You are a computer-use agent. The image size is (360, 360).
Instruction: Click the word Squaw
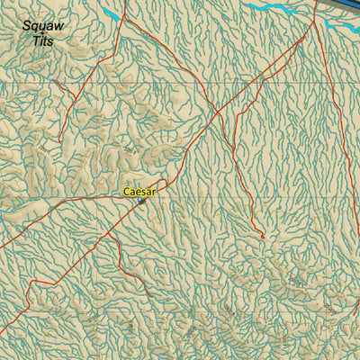click(x=43, y=27)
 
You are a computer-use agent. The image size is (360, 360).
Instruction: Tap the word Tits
click(x=42, y=41)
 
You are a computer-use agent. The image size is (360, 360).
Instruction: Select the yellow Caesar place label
click(x=139, y=192)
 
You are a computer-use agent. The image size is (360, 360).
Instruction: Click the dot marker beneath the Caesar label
click(x=141, y=201)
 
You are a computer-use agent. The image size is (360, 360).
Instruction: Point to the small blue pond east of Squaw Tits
click(x=112, y=13)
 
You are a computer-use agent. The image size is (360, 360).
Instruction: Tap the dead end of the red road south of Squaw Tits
click(x=59, y=141)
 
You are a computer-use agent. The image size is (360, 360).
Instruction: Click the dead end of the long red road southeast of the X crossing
click(x=263, y=238)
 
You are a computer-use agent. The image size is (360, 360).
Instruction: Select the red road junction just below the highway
click(x=315, y=20)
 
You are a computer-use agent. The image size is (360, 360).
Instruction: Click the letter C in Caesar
click(x=127, y=192)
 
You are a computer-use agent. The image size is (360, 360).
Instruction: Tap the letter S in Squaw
click(x=26, y=27)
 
